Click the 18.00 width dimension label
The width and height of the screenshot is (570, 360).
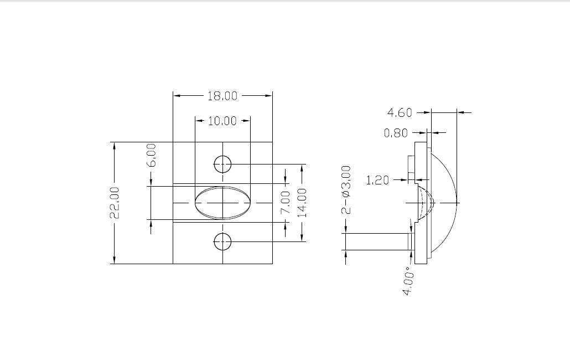pos(222,96)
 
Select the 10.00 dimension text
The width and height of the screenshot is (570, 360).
pos(222,121)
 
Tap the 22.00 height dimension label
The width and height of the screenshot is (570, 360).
pos(115,203)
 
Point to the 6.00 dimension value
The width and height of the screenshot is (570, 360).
pos(153,155)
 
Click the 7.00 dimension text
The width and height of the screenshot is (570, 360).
pos(286,202)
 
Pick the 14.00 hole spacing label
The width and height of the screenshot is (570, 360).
pos(303,203)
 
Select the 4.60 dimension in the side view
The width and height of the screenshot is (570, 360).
pos(400,113)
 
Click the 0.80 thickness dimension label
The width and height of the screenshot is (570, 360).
pos(396,133)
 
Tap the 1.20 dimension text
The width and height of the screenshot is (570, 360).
pos(377,180)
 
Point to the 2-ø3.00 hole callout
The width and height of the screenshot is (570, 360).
pos(347,190)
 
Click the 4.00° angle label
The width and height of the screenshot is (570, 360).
pos(408,281)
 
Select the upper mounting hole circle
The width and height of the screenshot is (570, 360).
pos(222,156)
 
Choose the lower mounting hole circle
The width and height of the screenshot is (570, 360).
pos(222,233)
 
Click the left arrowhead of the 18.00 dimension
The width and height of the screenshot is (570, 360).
pos(177,96)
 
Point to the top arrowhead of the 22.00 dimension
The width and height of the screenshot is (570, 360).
pos(115,146)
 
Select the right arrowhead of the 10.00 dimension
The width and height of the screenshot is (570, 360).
pos(246,120)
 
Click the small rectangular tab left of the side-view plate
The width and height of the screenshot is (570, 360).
pos(411,169)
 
